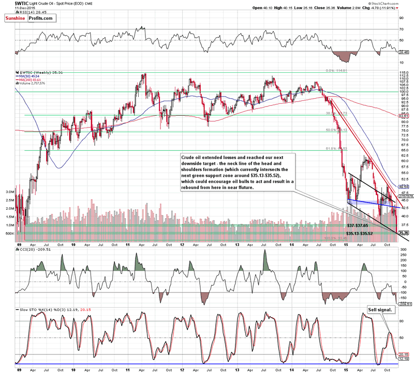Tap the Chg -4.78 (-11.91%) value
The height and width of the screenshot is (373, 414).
(390, 8)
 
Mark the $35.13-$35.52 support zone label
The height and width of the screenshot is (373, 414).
(363, 234)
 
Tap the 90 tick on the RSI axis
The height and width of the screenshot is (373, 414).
(401, 18)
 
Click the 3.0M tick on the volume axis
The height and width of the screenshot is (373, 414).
(9, 191)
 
